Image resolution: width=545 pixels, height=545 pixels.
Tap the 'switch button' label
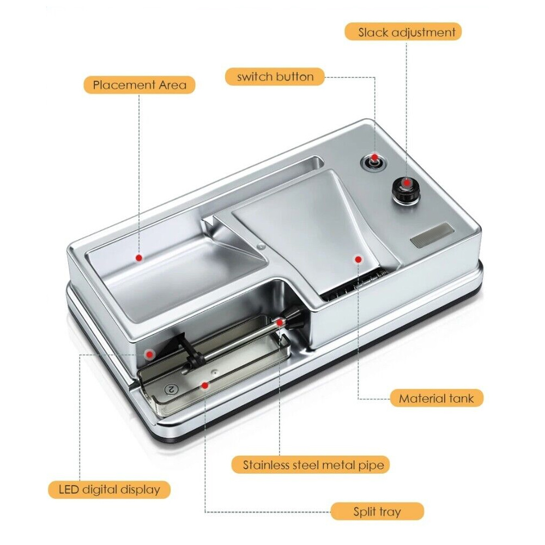tap(275, 76)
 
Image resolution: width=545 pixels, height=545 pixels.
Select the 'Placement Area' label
tap(140, 85)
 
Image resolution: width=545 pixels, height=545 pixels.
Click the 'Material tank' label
tap(437, 398)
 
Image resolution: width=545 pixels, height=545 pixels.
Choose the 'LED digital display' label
tap(109, 490)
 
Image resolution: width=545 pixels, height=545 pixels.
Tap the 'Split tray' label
tap(377, 512)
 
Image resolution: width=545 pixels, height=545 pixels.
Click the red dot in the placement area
tap(139, 258)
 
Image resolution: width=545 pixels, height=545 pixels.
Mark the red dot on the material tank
tap(359, 259)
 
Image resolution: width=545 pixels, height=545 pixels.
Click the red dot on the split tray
tap(205, 385)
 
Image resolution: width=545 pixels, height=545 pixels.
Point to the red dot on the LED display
tap(150, 354)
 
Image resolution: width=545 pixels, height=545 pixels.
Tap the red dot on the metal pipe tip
tap(280, 323)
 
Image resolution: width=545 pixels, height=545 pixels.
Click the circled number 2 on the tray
tap(171, 389)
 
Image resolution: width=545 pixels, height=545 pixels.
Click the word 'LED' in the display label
tap(69, 489)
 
